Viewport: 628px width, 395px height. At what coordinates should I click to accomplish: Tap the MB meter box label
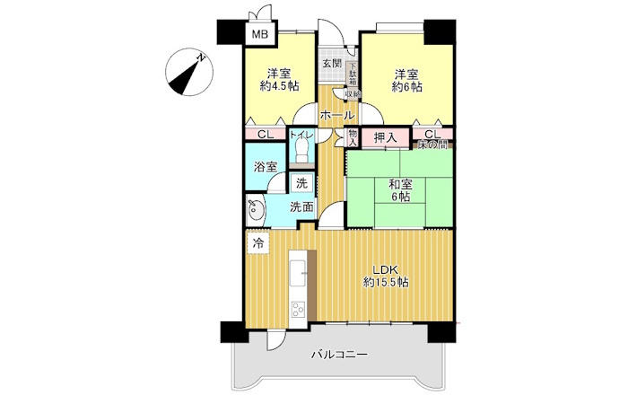click(x=258, y=35)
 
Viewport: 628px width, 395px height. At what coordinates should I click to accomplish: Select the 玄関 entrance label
click(x=331, y=63)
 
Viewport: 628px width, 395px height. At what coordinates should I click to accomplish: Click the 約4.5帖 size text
click(x=279, y=87)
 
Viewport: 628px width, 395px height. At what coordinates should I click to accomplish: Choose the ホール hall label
click(x=336, y=116)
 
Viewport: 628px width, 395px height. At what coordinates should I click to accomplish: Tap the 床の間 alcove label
click(x=432, y=145)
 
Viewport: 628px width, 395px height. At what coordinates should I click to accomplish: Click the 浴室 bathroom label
click(x=264, y=167)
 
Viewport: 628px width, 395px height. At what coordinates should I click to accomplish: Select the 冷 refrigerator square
click(x=257, y=243)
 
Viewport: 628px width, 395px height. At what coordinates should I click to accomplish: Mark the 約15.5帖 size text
click(x=386, y=282)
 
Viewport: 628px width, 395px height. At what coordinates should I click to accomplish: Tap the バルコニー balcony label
click(x=339, y=355)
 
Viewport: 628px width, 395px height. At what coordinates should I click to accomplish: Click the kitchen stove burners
click(x=297, y=310)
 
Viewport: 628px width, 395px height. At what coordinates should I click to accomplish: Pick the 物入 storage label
click(x=353, y=137)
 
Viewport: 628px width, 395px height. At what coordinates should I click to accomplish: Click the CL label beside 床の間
click(x=432, y=134)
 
